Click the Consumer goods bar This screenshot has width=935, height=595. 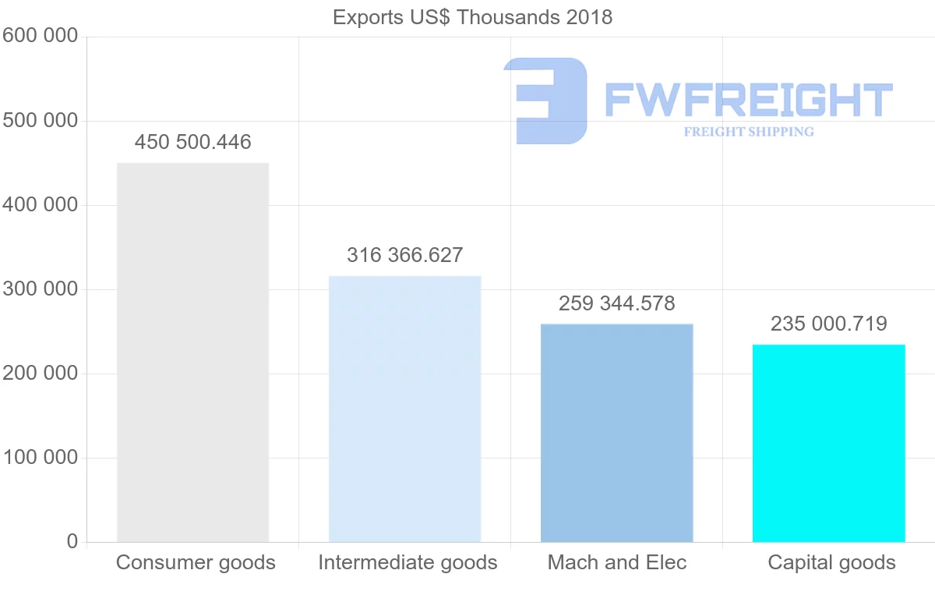(x=192, y=352)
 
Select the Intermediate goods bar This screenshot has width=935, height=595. (x=404, y=409)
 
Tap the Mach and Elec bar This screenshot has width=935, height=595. (x=616, y=433)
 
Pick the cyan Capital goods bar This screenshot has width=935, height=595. (x=828, y=443)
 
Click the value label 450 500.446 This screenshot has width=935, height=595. (x=192, y=143)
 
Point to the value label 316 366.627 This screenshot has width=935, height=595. (x=404, y=255)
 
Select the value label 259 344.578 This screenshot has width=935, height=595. (x=616, y=303)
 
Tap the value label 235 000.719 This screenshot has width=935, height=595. (x=828, y=324)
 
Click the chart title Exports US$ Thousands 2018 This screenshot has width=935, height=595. (x=472, y=17)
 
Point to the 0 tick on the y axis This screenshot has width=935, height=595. (x=72, y=541)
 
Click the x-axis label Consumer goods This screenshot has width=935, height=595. (x=196, y=562)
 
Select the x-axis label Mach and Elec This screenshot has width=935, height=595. (x=617, y=562)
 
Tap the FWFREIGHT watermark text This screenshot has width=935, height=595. (x=748, y=100)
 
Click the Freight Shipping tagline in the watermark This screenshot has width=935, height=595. (x=748, y=132)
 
